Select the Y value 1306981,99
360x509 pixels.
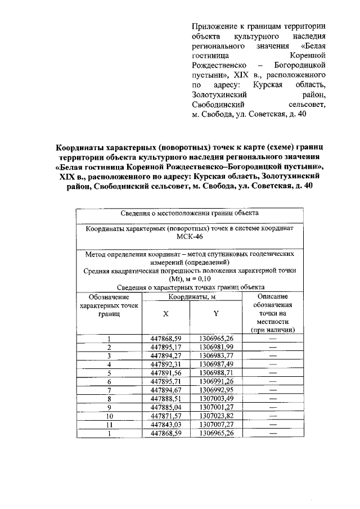coord(216,347)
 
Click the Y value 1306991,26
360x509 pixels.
coord(216,381)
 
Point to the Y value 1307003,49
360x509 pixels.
coord(216,398)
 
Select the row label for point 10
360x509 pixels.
coord(109,415)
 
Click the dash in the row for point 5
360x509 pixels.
coord(273,372)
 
